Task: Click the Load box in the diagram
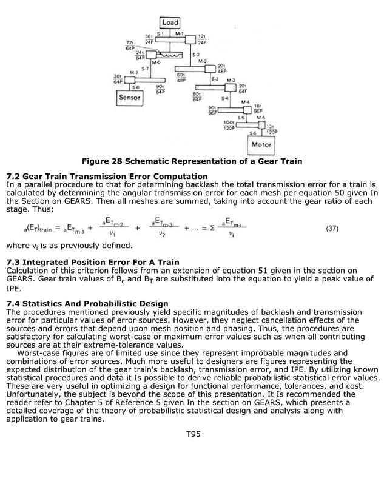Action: click(x=170, y=23)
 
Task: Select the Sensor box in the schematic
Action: click(x=129, y=97)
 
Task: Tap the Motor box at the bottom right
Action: click(x=260, y=145)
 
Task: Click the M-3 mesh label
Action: click(x=231, y=80)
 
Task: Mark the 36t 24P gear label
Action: click(x=148, y=38)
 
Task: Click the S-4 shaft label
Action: click(x=225, y=98)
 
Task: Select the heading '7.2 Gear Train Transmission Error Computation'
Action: click(x=106, y=176)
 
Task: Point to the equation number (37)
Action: click(x=332, y=229)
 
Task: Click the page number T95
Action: click(x=193, y=433)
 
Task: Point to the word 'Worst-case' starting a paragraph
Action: click(x=40, y=353)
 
